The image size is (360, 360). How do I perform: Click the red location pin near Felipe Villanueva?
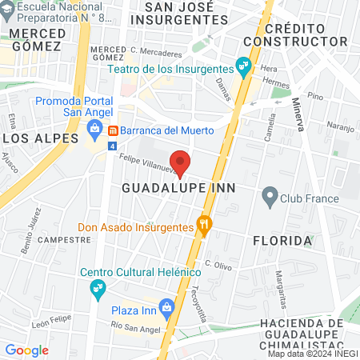181,162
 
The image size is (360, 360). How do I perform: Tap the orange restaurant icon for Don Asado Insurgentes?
204,226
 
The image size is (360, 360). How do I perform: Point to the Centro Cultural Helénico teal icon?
98,288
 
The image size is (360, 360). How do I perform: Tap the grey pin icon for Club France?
270,194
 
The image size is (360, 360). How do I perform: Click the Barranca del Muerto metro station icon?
114,130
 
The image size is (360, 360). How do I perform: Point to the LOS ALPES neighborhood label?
32,138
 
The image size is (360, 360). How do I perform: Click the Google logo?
26,350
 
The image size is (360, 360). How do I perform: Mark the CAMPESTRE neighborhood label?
61,239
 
